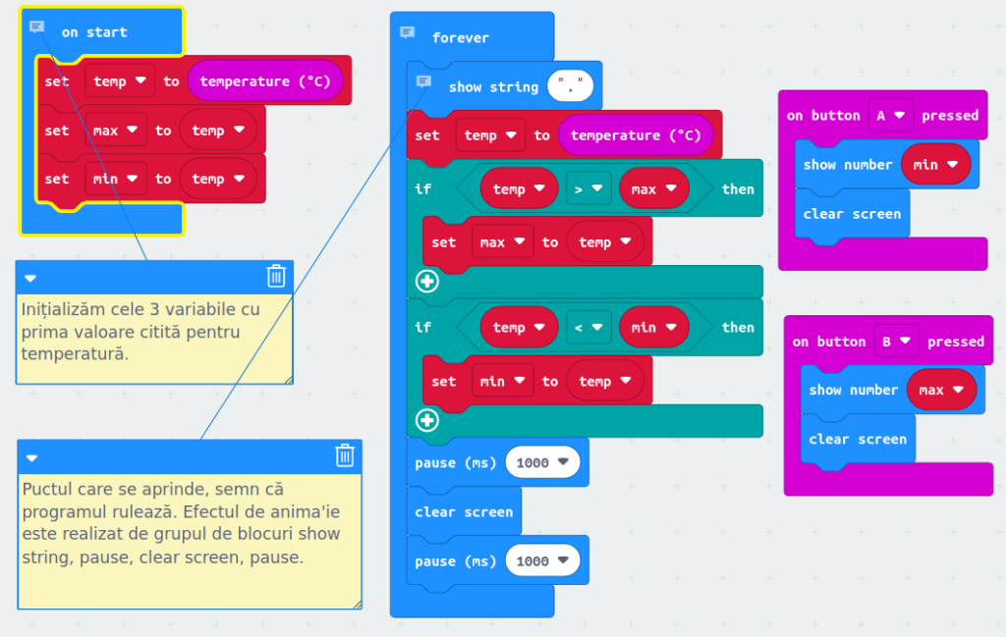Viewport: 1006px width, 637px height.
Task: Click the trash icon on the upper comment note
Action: click(x=276, y=276)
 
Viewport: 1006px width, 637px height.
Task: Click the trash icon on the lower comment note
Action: click(x=345, y=454)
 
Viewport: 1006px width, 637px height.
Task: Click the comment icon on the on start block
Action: click(x=37, y=27)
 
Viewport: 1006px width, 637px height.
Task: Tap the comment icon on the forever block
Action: click(x=407, y=32)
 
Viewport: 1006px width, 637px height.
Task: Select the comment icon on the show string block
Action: click(x=423, y=81)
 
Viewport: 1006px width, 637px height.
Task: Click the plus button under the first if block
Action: click(x=427, y=282)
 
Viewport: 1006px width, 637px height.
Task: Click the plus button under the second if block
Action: click(x=427, y=421)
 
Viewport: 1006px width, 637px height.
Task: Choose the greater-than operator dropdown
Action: click(x=588, y=188)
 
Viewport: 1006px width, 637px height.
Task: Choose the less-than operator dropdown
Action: click(x=588, y=327)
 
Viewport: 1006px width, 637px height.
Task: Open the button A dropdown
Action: click(x=890, y=115)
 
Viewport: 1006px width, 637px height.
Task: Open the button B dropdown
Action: click(x=895, y=342)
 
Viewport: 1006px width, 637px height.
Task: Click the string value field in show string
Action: click(x=570, y=87)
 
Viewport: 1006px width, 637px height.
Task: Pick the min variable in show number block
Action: click(x=935, y=164)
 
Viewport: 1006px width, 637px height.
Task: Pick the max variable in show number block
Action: click(x=941, y=390)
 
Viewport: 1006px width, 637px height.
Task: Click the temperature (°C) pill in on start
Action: click(x=265, y=81)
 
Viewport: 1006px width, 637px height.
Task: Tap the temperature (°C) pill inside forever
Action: click(x=636, y=135)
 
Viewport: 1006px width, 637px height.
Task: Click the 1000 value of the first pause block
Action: click(x=541, y=462)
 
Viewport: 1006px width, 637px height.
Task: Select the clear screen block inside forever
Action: click(x=464, y=511)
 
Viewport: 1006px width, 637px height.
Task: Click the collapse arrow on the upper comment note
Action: click(x=30, y=278)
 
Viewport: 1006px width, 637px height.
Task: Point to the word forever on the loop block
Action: click(x=460, y=37)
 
